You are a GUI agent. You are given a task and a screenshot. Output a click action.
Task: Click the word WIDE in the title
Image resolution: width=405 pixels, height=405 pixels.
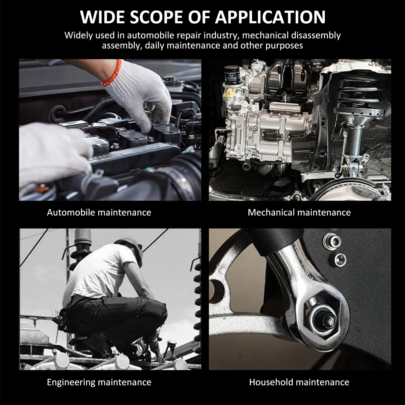pos(102,17)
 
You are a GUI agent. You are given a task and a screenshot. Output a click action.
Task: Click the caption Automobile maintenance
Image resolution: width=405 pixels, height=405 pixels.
pos(99,212)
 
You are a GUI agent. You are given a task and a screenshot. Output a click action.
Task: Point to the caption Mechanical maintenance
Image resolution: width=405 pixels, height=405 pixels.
pos(299,212)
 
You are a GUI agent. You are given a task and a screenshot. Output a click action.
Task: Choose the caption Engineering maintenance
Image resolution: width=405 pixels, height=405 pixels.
pos(99,382)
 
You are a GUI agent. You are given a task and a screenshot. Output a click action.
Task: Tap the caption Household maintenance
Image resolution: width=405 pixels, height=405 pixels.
pos(299,382)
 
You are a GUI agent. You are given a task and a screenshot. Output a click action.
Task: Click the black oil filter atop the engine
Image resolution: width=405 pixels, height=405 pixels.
pos(232,75)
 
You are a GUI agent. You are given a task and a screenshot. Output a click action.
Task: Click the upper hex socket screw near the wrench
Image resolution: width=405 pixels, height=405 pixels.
pos(333,241)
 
